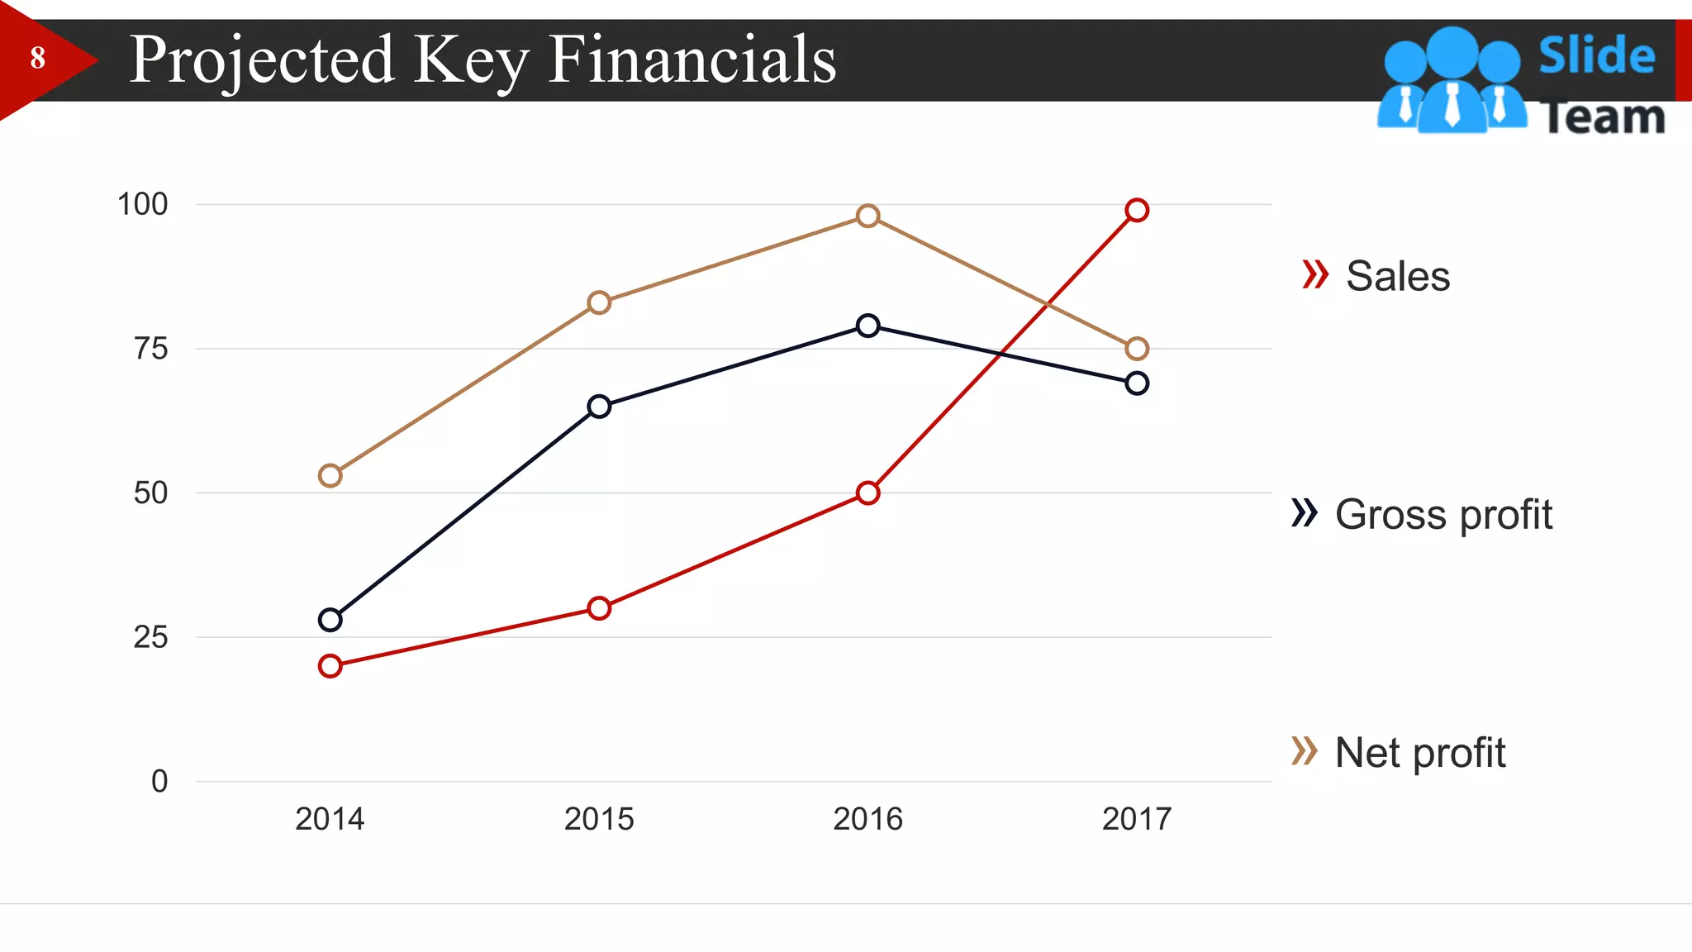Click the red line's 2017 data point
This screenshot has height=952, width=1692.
(x=1137, y=210)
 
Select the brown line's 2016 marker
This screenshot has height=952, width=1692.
(x=867, y=216)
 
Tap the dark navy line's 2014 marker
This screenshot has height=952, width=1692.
(x=330, y=620)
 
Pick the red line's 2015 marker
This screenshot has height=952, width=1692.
(x=599, y=608)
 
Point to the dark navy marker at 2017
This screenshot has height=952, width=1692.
(x=1137, y=383)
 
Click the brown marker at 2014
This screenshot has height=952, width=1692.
(x=330, y=475)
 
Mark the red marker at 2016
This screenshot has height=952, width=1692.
(x=867, y=493)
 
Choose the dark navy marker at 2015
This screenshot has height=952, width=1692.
(x=599, y=406)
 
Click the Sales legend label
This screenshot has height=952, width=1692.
(x=1397, y=276)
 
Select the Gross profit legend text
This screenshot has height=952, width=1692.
(x=1443, y=514)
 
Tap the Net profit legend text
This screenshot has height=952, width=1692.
(x=1419, y=753)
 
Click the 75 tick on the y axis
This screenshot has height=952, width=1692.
(x=150, y=349)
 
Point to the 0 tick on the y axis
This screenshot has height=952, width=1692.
(x=159, y=781)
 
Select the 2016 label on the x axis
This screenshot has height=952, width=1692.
(x=867, y=819)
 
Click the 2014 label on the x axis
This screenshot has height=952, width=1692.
(x=330, y=819)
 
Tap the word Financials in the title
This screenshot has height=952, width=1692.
(x=692, y=59)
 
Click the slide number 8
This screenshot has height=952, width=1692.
(x=37, y=58)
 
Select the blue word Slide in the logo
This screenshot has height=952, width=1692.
(x=1596, y=55)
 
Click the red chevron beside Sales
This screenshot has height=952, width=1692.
(x=1314, y=274)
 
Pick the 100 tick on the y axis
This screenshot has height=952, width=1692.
(x=142, y=204)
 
